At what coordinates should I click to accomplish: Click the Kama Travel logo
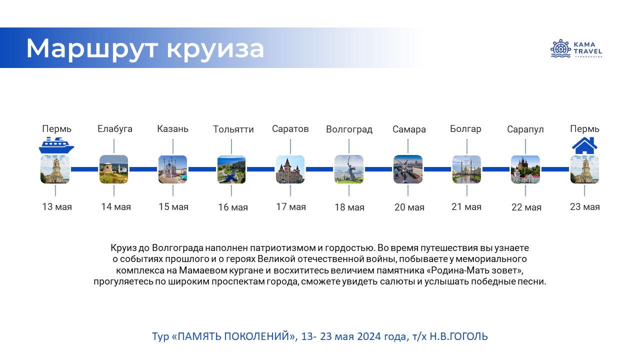coord(576,49)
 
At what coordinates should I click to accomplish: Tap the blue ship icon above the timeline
coord(56,145)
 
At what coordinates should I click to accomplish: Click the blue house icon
coord(584,145)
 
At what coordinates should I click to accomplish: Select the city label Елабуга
coord(115,129)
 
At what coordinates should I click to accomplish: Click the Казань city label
coord(173,129)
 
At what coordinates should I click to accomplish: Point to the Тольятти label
coord(233,129)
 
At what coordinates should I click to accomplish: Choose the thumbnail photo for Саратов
coord(290,169)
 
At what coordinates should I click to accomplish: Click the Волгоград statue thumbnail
coord(349,169)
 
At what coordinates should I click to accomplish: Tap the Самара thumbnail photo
coord(408,169)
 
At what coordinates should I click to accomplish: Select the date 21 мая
coord(466,206)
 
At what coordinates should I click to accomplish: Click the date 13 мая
coord(57,206)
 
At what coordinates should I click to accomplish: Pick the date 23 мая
coord(584,206)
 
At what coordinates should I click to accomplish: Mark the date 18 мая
coord(349,207)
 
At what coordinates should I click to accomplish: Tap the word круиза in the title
coord(215,49)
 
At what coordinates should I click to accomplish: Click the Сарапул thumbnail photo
coord(525,169)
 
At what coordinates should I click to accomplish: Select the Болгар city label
coord(465,129)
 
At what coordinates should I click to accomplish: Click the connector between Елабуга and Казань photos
coord(143,169)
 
